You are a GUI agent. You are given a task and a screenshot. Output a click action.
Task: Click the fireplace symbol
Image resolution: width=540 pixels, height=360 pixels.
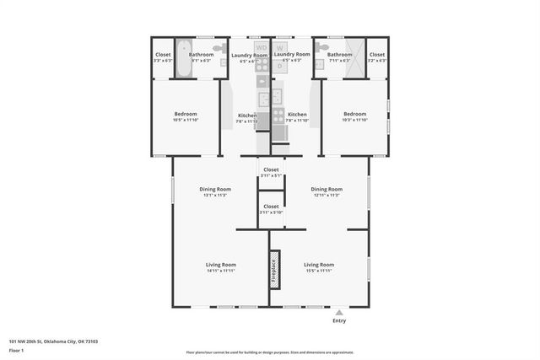274,267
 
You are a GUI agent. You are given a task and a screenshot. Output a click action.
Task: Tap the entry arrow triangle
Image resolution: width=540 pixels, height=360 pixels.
339,312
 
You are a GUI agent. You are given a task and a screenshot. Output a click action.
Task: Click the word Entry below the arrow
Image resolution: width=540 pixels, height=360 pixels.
339,320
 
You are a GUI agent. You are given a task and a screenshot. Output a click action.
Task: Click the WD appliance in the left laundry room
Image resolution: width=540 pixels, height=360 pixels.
262,48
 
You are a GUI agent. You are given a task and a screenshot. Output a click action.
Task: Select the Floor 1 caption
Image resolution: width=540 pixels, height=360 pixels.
16,350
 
